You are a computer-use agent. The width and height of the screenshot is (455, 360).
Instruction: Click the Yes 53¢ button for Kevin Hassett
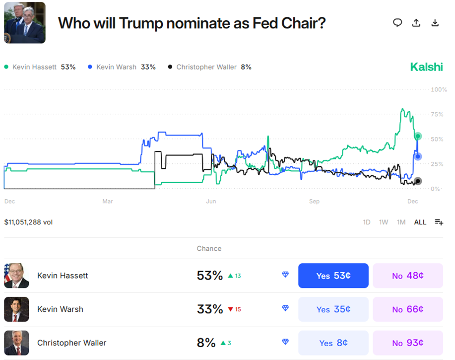point(333,276)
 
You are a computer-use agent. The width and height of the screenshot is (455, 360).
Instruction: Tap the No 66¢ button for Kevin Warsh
point(407,309)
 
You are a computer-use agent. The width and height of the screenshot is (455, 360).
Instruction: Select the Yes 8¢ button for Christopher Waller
point(333,343)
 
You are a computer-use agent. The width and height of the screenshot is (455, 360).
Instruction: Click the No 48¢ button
point(407,276)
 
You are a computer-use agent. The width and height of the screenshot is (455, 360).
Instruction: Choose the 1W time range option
point(384,222)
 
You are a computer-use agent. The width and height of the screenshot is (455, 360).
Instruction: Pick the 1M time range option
point(401,222)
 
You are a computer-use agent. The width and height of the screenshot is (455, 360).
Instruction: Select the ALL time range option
point(420,222)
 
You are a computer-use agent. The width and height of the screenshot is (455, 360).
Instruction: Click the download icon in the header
point(435,23)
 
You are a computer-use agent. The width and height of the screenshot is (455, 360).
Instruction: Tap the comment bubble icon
point(397,23)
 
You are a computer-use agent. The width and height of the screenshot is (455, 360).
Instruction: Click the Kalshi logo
point(426,67)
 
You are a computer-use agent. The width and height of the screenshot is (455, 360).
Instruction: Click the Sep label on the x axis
point(314,202)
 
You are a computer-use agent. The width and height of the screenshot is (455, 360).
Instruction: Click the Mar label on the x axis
point(108,202)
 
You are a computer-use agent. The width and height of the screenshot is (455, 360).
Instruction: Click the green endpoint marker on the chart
point(418,136)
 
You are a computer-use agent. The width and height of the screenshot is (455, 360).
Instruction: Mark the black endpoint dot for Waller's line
point(418,181)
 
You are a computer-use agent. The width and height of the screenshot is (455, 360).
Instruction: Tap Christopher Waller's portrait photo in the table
point(16,343)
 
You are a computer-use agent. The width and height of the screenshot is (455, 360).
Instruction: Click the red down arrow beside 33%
point(230,309)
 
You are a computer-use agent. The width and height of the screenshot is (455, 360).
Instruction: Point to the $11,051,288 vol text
point(28,222)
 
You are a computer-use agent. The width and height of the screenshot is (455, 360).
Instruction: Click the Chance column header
point(209,248)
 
